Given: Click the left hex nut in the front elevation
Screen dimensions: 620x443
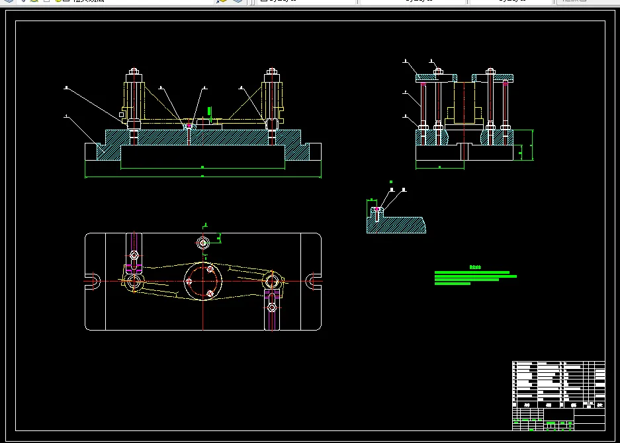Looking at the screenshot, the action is coord(134,71).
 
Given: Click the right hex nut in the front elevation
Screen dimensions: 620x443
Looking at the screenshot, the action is coord(271,71).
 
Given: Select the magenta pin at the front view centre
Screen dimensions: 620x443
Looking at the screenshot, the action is coord(189,125).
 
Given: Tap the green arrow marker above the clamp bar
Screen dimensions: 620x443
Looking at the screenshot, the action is coord(209,111).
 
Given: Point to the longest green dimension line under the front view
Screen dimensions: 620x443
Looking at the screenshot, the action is coord(202,177).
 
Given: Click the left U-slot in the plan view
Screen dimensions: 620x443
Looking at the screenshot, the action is coord(95,280).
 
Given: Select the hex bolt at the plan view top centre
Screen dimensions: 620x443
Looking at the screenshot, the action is coord(203,243).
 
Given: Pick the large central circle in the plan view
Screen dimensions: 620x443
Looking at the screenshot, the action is coord(202,280).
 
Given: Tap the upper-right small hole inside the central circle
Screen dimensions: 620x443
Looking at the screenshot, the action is coord(210,269).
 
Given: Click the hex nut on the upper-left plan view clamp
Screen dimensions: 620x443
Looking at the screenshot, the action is coord(134,255).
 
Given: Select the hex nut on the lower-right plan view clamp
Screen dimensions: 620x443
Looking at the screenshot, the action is coord(271,307).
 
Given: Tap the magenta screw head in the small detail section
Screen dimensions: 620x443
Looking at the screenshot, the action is coord(377,209).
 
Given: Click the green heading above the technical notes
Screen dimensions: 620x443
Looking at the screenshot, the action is coord(475,267).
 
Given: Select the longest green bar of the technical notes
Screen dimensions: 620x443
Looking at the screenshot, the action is coord(476,276).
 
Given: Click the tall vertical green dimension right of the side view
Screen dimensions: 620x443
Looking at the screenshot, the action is coord(533,145).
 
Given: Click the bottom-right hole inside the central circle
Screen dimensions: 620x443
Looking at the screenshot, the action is coord(210,293).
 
